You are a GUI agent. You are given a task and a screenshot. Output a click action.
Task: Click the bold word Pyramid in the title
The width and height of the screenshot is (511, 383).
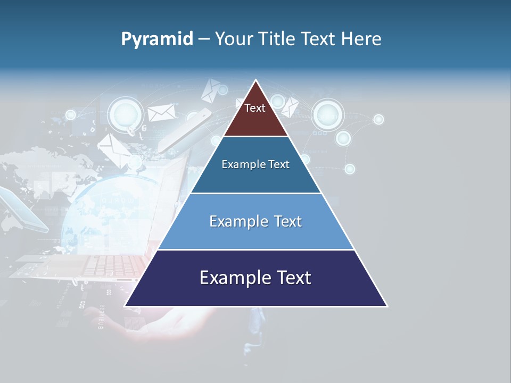(x=156, y=39)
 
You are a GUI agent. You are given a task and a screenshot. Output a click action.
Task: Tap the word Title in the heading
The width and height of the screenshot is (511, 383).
(x=278, y=39)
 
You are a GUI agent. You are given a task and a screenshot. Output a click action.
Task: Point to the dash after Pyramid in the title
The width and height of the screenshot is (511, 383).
(x=204, y=39)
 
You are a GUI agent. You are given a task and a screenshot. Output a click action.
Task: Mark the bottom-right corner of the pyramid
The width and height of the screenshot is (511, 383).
(x=386, y=306)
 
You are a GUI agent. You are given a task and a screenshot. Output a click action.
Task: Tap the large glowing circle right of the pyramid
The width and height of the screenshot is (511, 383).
(x=328, y=114)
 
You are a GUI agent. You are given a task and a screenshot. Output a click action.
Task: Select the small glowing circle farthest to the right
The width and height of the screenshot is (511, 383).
(x=378, y=119)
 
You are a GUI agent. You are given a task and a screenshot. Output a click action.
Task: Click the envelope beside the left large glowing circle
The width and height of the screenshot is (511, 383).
(x=161, y=113)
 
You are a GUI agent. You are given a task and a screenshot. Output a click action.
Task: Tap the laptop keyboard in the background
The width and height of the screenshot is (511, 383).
(x=106, y=264)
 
